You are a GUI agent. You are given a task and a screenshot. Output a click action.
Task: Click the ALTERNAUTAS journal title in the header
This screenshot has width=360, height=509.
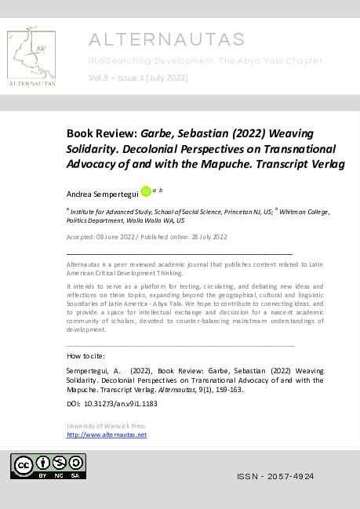(x=167, y=39)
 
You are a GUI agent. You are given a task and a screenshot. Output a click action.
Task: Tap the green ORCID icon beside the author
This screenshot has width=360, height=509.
(x=145, y=192)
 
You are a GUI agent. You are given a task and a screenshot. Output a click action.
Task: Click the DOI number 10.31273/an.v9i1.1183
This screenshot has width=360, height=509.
(x=122, y=403)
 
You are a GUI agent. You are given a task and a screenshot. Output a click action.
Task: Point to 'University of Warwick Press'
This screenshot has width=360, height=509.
(x=106, y=426)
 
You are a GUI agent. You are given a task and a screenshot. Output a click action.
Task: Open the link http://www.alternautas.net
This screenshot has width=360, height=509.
(x=107, y=434)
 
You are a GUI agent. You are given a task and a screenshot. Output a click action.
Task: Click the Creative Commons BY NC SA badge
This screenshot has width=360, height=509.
(x=48, y=466)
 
